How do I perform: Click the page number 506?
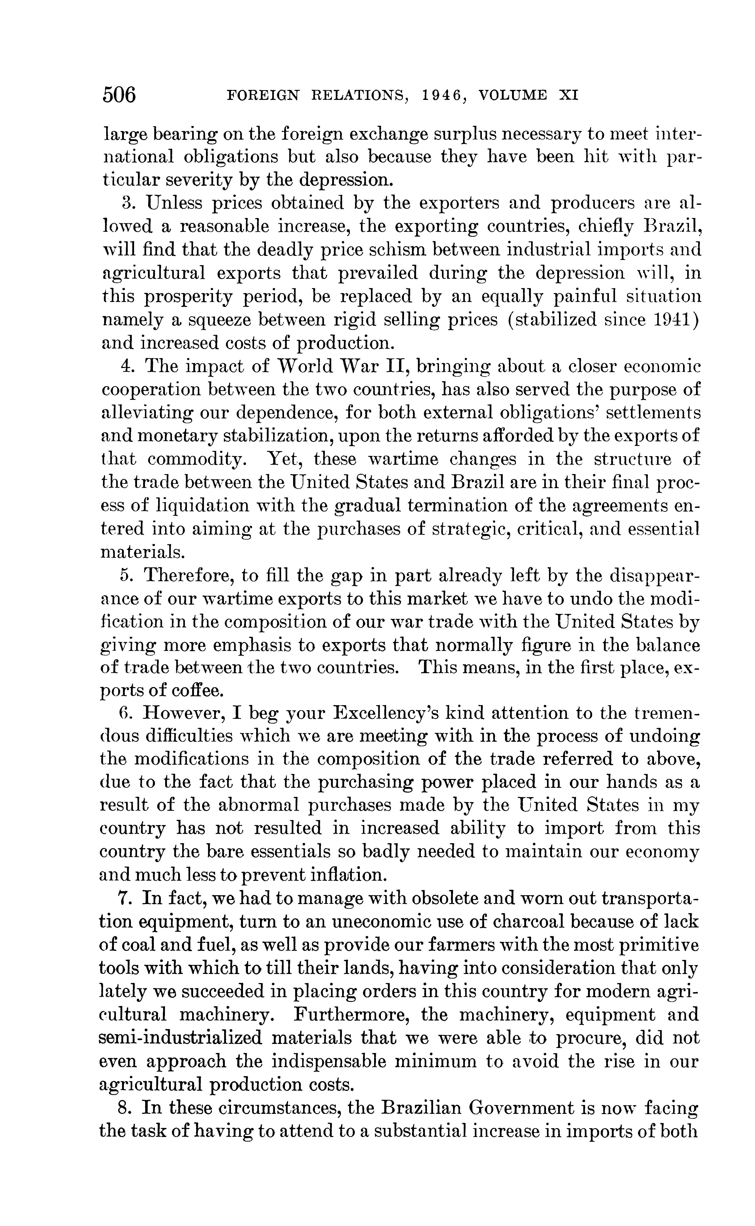[x=119, y=94]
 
